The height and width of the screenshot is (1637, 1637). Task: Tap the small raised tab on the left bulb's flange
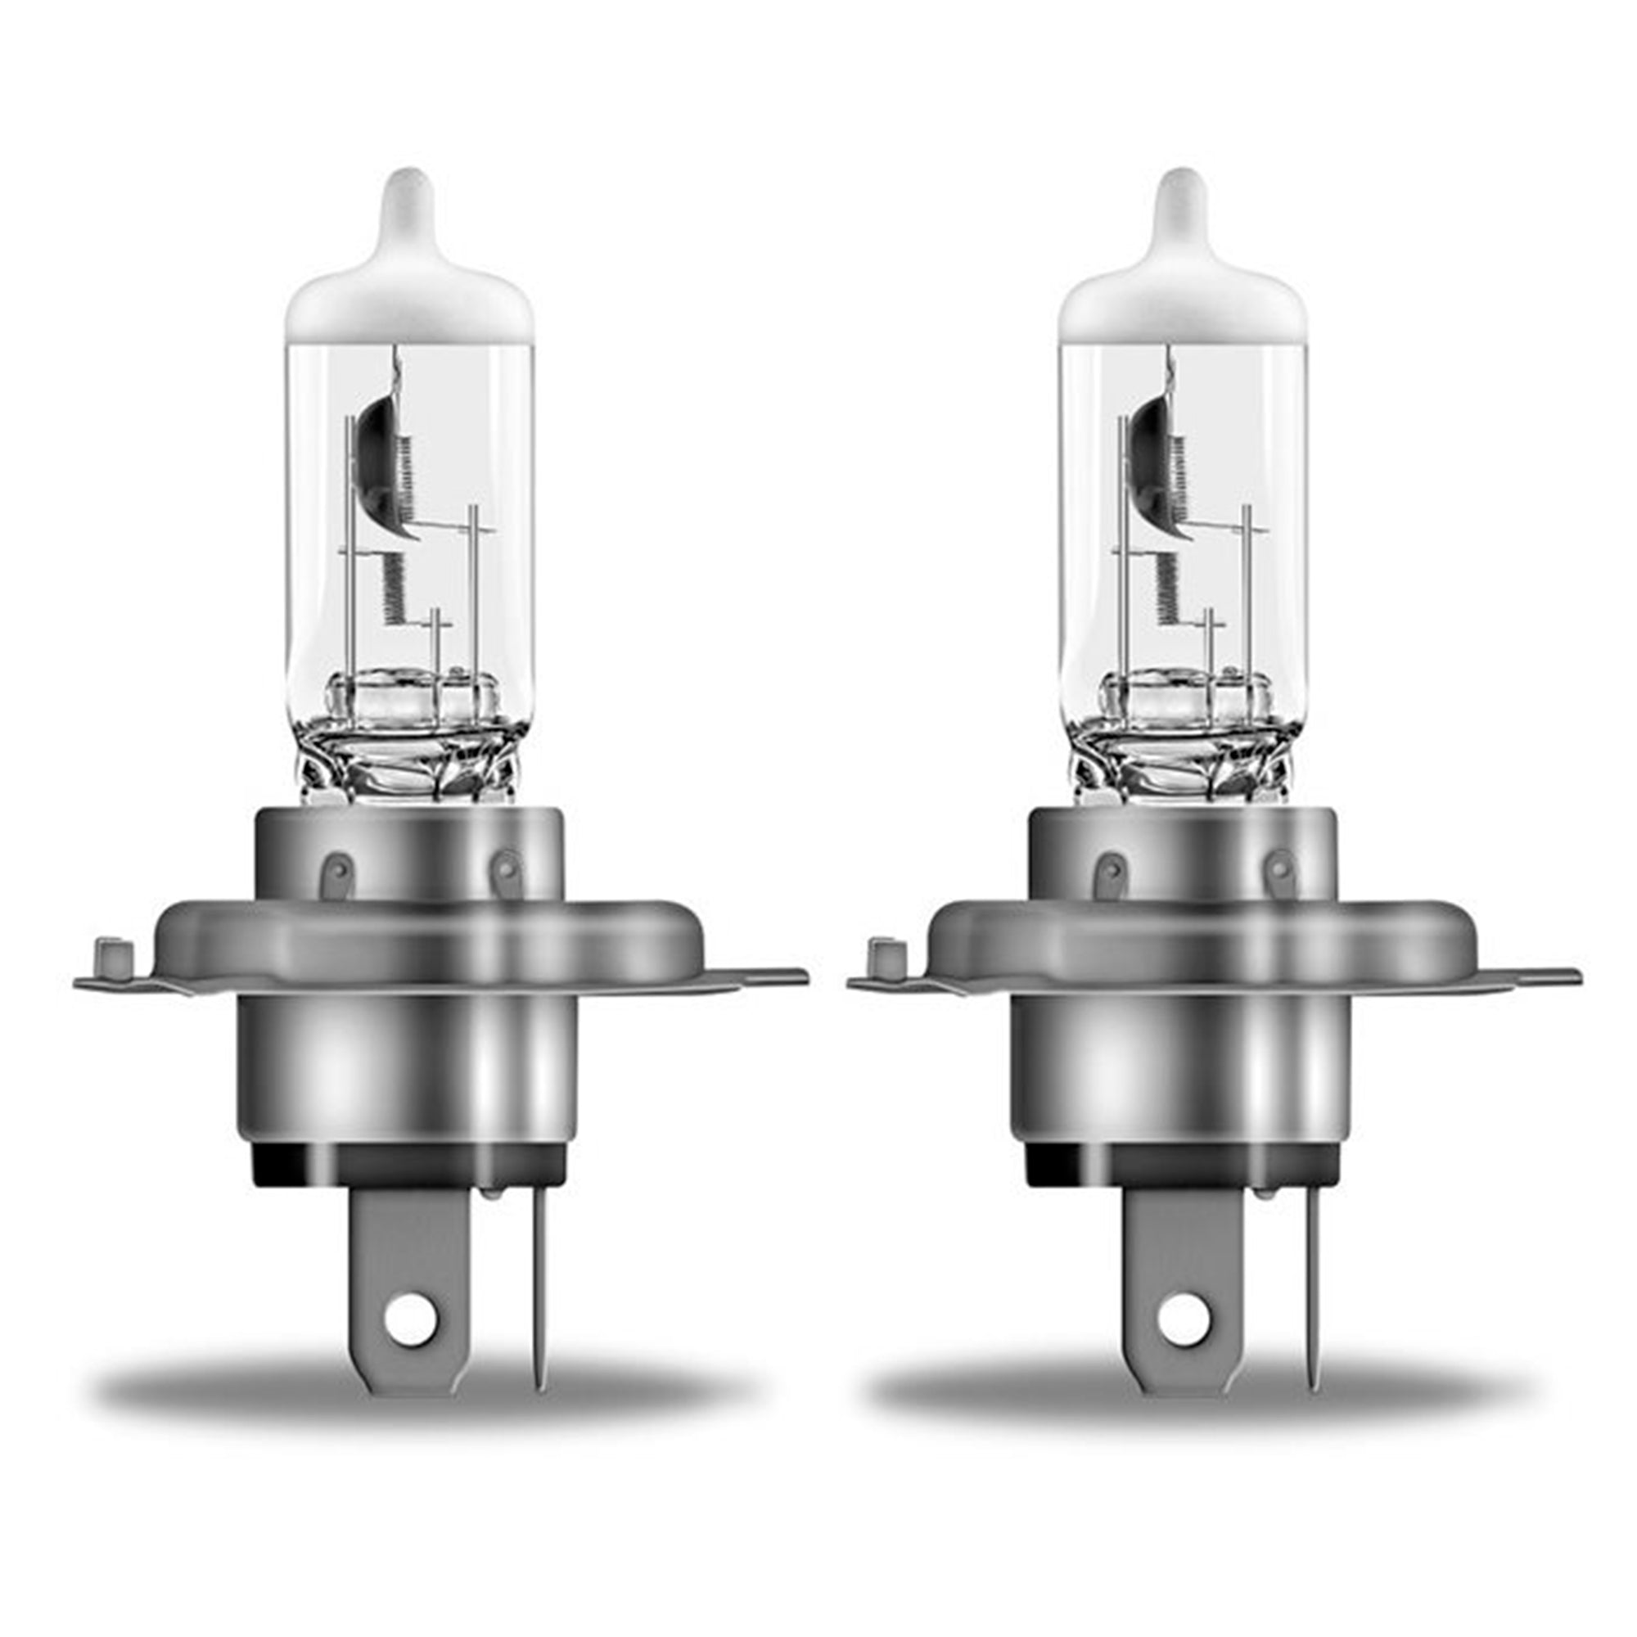111,954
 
